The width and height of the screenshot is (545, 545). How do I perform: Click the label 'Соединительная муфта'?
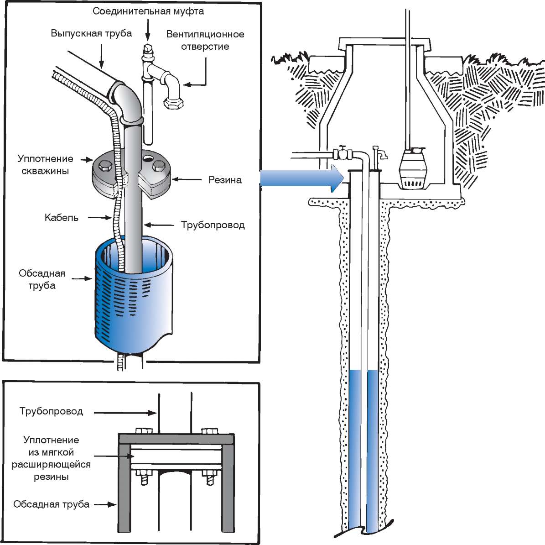coord(148,11)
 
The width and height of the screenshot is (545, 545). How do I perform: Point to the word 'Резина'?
coord(225,180)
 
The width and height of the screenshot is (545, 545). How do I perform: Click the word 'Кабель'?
coord(62,217)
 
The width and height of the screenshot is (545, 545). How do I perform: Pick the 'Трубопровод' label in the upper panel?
coord(213,225)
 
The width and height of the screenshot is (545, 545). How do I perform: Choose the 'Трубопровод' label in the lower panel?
coord(51,411)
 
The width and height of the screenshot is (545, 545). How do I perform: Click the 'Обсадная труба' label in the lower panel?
coord(51,504)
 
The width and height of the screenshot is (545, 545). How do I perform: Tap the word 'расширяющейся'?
coord(51,465)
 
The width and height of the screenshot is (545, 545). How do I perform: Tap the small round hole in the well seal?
coord(148,158)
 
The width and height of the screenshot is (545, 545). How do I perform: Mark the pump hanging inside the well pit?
coord(412,169)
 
